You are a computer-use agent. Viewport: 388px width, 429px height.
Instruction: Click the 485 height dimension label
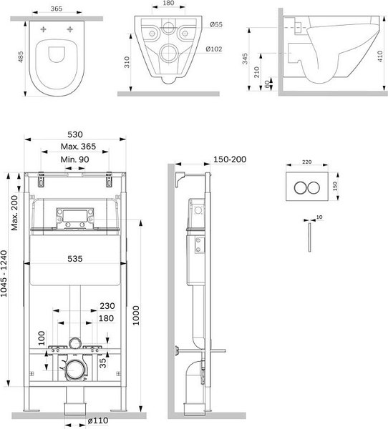pos(21,57)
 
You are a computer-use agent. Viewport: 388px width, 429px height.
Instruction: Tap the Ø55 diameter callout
pos(216,24)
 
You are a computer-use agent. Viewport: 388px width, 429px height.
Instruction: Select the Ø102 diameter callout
pos(214,49)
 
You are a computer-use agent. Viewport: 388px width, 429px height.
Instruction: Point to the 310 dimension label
pos(127,62)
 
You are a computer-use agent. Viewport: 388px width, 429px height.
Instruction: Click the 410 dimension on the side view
pos(380,56)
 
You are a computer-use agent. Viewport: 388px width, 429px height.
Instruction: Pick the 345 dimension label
pos(245,59)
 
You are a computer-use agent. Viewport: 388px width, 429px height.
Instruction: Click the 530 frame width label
pos(75,134)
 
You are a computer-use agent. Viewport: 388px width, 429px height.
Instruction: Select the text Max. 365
pos(78,147)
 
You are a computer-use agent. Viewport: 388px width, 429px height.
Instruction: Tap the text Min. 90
pos(74,159)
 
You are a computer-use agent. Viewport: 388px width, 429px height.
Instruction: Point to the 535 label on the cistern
pos(75,259)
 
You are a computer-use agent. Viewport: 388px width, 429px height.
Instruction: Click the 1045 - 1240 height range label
pos(4,274)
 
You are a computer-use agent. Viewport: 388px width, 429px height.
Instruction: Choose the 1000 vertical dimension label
pos(136,315)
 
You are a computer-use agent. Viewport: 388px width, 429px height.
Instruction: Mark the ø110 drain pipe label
pos(98,420)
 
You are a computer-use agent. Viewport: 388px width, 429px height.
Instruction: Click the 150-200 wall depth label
pos(230,159)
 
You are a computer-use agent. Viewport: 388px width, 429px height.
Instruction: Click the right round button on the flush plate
pos(314,187)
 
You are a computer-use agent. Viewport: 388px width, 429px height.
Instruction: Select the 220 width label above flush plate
pos(307,162)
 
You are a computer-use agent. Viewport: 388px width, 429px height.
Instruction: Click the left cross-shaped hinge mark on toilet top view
pos(43,29)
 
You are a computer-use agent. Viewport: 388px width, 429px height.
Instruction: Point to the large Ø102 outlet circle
pos(170,54)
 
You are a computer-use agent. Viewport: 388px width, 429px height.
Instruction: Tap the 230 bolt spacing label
pos(107,305)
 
